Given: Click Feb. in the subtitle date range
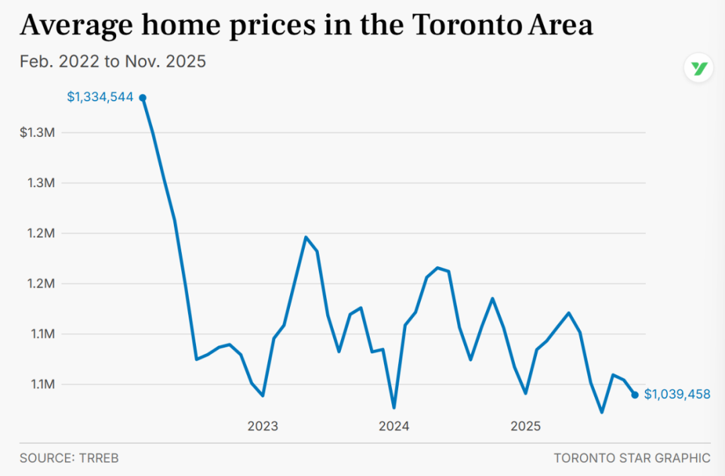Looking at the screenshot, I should point(35,62).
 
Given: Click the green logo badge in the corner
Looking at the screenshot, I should point(699,68).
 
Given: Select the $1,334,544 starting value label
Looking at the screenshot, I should point(100,97).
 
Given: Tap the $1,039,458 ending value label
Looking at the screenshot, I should point(677,395).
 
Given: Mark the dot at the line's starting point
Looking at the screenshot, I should point(142,98).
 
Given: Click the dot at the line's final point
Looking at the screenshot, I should point(635,395).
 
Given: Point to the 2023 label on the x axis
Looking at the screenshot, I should point(262,426).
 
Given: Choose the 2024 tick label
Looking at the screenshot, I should point(394,426).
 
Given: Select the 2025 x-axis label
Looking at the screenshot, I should point(526,426).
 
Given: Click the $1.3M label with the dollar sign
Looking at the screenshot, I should point(37,133).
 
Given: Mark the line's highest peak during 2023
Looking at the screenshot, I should point(305,237).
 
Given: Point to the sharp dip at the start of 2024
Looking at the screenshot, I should point(393,407).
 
